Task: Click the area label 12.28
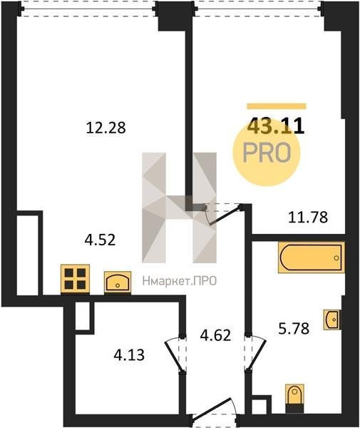coord(106,128)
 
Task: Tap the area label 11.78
coord(308,218)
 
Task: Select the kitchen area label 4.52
coord(100,240)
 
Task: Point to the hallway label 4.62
coord(215,335)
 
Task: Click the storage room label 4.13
coord(129,355)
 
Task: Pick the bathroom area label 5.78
coord(294,328)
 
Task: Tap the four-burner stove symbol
coord(76,279)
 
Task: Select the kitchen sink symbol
coord(118,282)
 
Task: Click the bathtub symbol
coord(312,258)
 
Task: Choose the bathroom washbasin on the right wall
coord(332,320)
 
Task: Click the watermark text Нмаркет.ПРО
coord(180,281)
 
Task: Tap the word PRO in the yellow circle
coord(267,153)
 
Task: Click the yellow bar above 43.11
coord(277,106)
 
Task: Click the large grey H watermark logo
coord(180,208)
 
